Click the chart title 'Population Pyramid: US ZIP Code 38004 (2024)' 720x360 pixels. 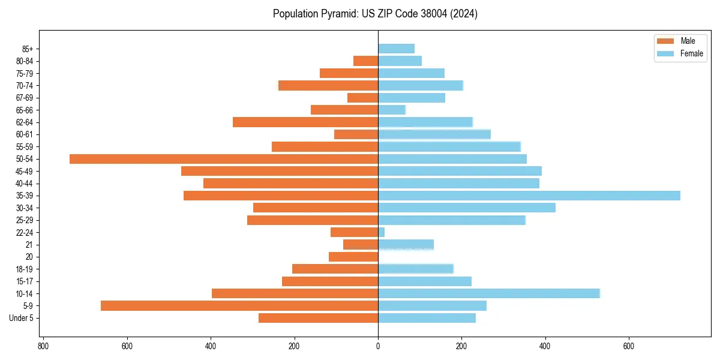tap(375, 14)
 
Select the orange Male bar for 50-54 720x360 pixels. tap(224, 159)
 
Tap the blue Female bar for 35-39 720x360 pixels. tap(529, 196)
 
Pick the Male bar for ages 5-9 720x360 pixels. tap(239, 305)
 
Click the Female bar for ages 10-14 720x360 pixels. tap(488, 293)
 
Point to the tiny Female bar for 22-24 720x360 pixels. tap(382, 232)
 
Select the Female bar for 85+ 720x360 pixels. tap(396, 49)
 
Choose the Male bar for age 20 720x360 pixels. tap(353, 257)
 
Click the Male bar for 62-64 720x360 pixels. tap(305, 122)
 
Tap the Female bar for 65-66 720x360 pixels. tap(392, 110)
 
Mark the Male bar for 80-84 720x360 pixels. tap(365, 61)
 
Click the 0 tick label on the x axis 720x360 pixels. tap(378, 346)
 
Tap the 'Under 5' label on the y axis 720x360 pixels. tap(21, 318)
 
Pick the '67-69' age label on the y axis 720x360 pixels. tap(25, 98)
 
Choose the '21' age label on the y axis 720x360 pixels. tap(29, 245)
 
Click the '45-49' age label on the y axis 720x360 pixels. tap(25, 171)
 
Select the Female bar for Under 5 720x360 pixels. tap(427, 318)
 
